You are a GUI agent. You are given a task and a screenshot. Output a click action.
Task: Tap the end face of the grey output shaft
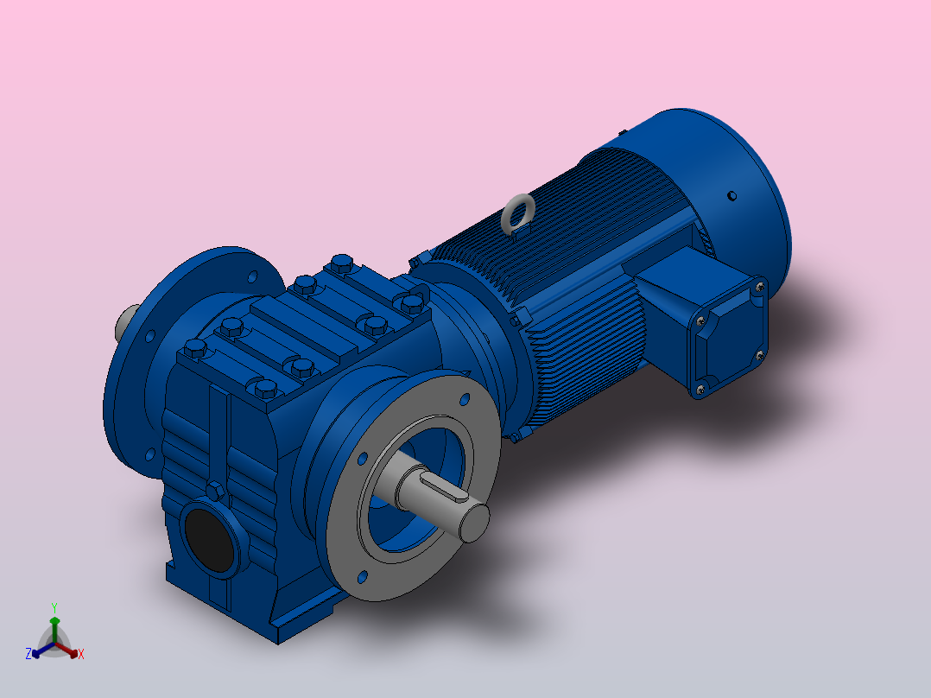pyautogui.click(x=475, y=523)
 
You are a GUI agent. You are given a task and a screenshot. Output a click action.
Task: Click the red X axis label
pyautogui.click(x=81, y=654)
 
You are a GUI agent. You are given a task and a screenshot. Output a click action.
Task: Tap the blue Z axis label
pyautogui.click(x=28, y=654)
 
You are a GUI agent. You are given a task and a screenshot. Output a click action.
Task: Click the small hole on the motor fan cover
pyautogui.click(x=731, y=195)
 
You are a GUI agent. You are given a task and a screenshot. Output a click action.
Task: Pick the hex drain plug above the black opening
pyautogui.click(x=215, y=492)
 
